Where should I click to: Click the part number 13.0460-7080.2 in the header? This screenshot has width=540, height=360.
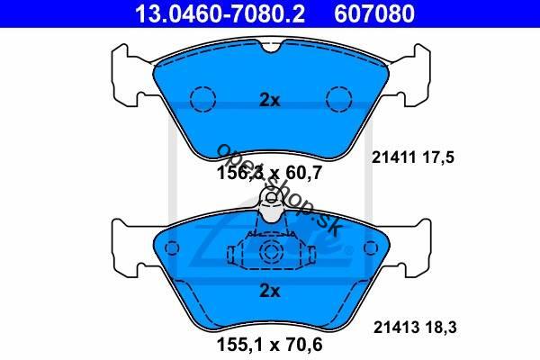[220, 13]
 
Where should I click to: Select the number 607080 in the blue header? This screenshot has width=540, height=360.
[374, 13]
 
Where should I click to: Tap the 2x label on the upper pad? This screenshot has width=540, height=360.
[270, 100]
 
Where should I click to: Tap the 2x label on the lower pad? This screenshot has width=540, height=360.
[270, 291]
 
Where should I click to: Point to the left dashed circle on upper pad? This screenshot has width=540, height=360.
[202, 99]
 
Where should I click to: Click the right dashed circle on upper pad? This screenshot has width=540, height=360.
[339, 99]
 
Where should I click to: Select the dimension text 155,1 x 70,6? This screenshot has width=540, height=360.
[270, 345]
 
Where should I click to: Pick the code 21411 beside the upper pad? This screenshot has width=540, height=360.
[393, 157]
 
